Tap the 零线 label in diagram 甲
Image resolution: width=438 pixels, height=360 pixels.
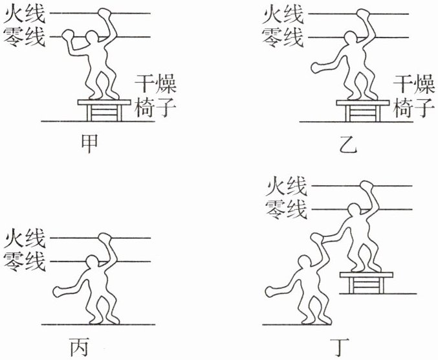[25, 36]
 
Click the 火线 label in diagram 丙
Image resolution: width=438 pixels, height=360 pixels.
[25, 240]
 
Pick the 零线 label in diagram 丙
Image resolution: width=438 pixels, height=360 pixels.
[25, 262]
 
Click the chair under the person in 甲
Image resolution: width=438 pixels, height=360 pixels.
[100, 109]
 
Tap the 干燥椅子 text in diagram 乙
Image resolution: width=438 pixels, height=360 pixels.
[413, 95]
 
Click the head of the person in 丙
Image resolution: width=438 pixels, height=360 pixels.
[94, 264]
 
